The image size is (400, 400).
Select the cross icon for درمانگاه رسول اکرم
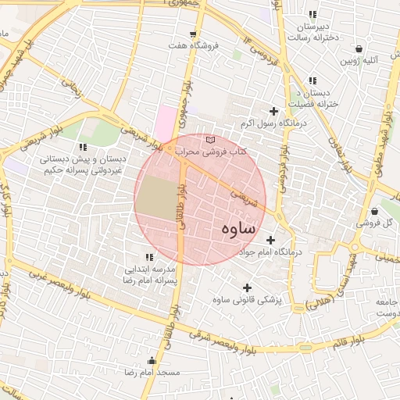273,112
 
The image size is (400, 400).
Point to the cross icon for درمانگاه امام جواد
270,240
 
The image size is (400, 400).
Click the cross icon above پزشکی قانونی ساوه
248,287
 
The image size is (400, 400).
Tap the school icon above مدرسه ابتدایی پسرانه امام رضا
148,257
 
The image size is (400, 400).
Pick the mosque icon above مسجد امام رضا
152,361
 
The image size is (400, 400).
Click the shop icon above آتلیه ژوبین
359,48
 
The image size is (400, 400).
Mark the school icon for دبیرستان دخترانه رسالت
312,15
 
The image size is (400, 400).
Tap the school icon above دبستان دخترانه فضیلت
312,80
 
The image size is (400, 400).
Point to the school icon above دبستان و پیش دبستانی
83,146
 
